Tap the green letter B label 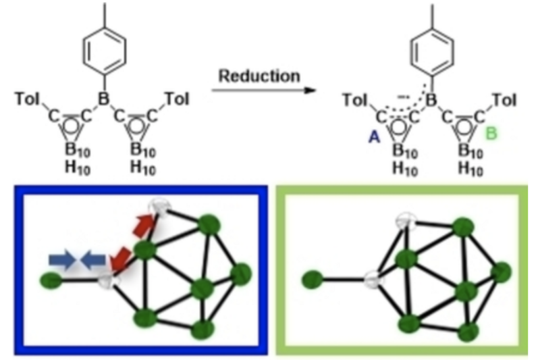(x=492, y=134)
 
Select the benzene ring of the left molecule (x=103, y=52)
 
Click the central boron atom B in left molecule (x=103, y=100)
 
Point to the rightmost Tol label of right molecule (x=504, y=100)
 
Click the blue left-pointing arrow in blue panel (x=92, y=259)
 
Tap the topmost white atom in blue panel (x=160, y=207)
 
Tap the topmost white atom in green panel (x=407, y=220)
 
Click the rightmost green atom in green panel (x=500, y=272)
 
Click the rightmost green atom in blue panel (x=240, y=274)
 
